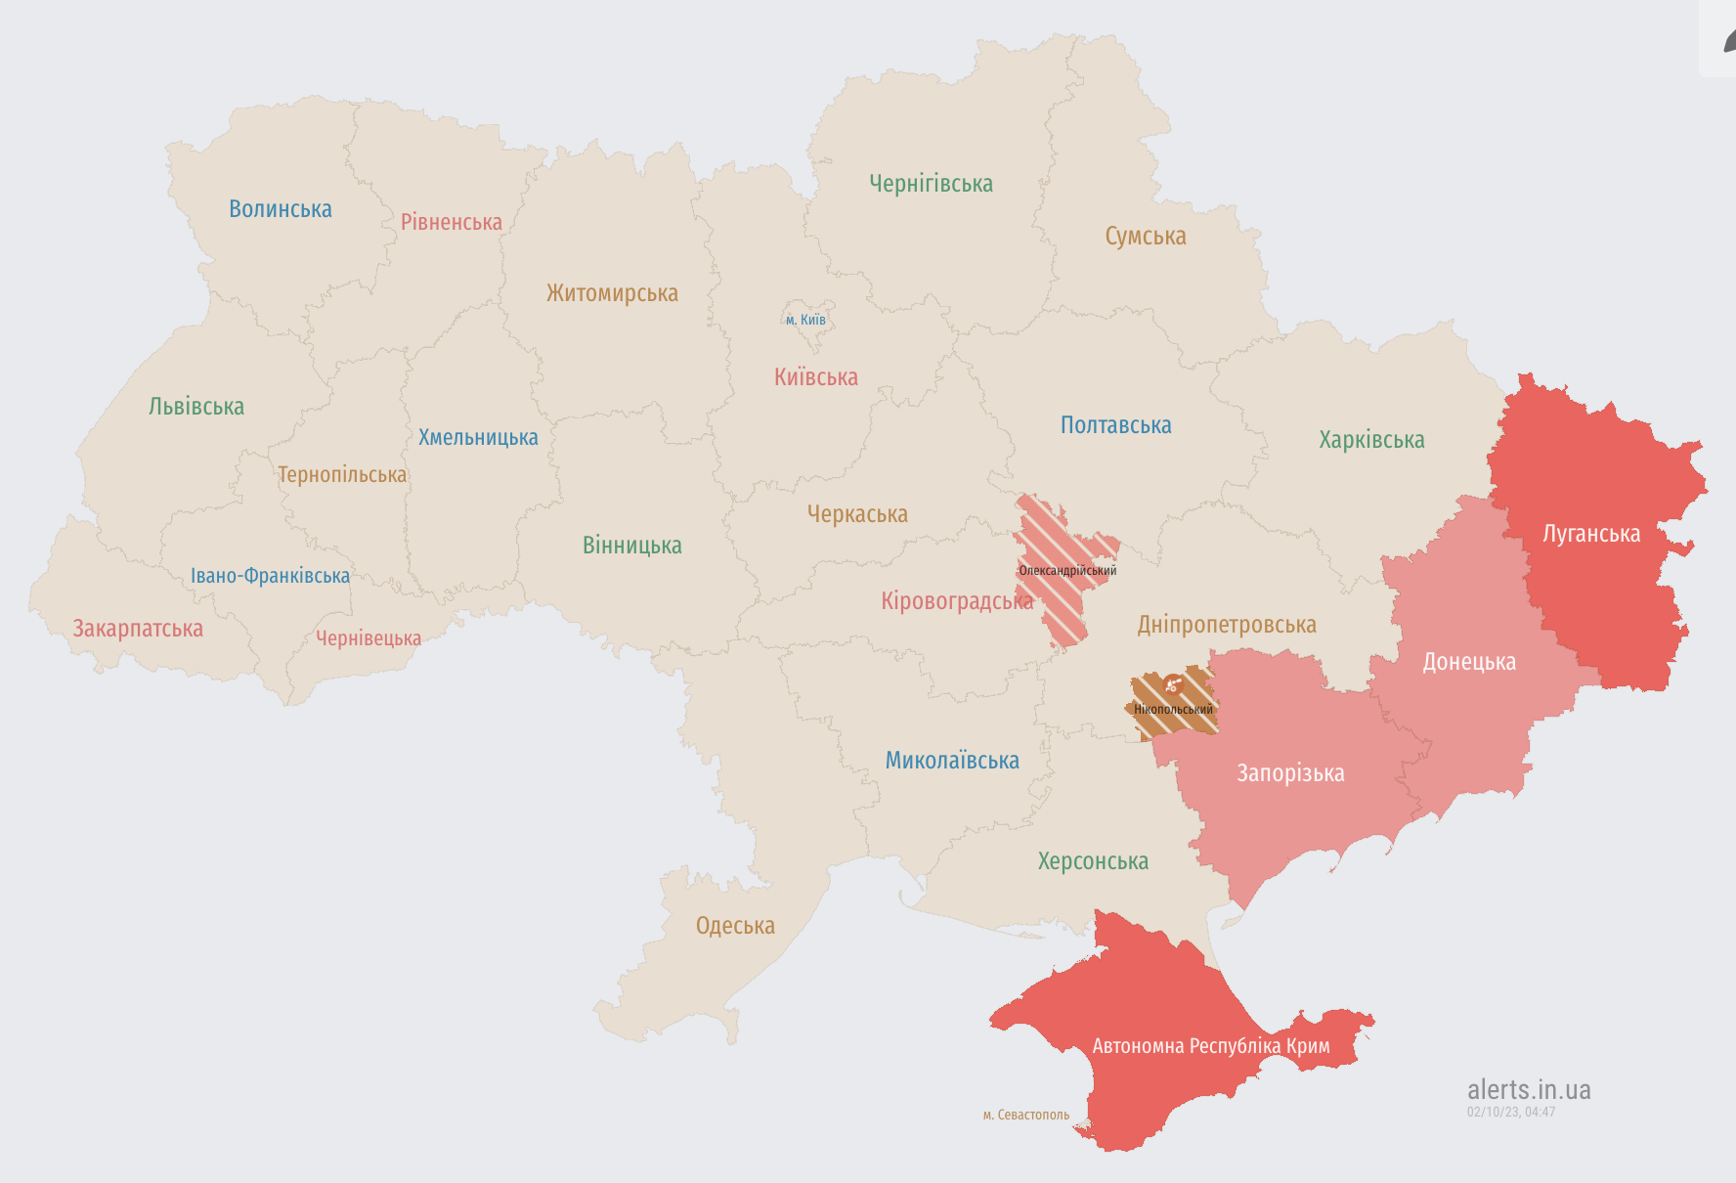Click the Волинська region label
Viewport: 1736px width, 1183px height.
[x=281, y=209]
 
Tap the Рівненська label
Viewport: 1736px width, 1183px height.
[x=452, y=222]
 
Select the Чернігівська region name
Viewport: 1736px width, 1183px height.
[x=931, y=184]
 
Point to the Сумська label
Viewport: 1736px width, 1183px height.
[x=1146, y=237]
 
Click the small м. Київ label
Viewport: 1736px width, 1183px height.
[x=805, y=320]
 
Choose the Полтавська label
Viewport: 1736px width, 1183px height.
[x=1115, y=425]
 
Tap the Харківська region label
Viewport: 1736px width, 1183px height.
[x=1371, y=440]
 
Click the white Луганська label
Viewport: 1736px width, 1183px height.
[x=1591, y=534]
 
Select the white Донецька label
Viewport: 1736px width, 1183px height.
[x=1469, y=662]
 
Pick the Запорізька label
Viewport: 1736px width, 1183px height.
[x=1290, y=773]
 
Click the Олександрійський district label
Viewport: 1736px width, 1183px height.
[x=1067, y=571]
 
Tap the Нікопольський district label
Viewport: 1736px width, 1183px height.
[x=1173, y=710]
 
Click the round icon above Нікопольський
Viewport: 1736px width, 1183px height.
[x=1173, y=684]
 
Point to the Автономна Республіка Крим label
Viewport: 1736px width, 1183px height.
[x=1211, y=1046]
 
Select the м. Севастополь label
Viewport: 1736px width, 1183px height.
[x=1026, y=1115]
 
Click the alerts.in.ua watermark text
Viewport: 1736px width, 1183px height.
[x=1529, y=1089]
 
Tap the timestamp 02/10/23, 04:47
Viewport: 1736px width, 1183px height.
[x=1511, y=1112]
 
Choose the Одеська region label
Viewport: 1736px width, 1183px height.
[x=735, y=926]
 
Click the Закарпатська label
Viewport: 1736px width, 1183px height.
[x=138, y=629]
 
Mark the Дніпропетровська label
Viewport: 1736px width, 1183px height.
[x=1227, y=625]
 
